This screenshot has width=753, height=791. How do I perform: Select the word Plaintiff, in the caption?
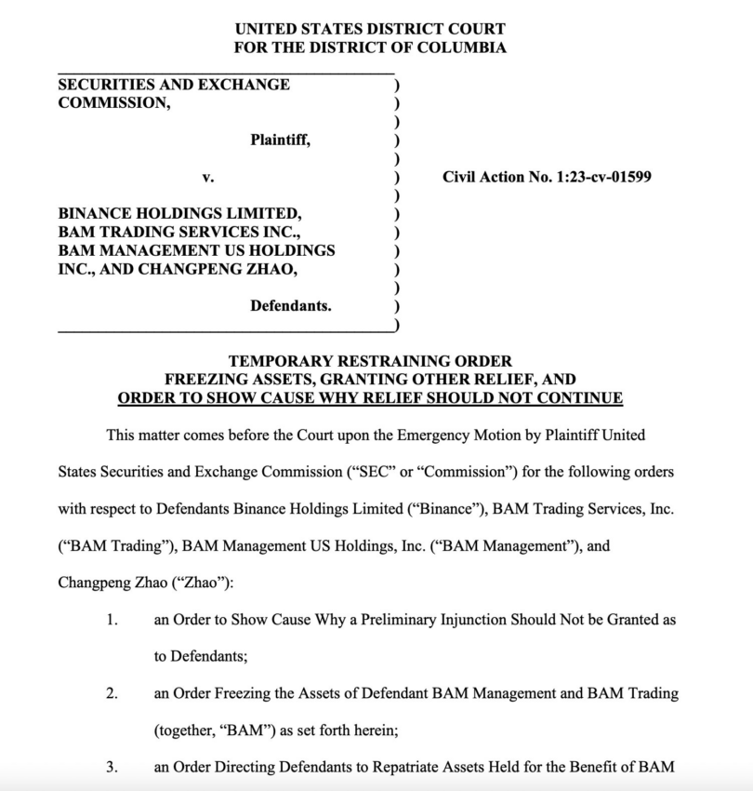[x=280, y=140]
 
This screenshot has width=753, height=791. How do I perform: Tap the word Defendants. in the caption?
[x=290, y=305]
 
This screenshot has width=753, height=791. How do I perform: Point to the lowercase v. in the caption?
[x=208, y=176]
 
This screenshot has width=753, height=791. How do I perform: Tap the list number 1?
[x=112, y=619]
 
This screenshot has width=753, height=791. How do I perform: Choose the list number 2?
[x=112, y=693]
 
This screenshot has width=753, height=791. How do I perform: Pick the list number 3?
[x=112, y=768]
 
